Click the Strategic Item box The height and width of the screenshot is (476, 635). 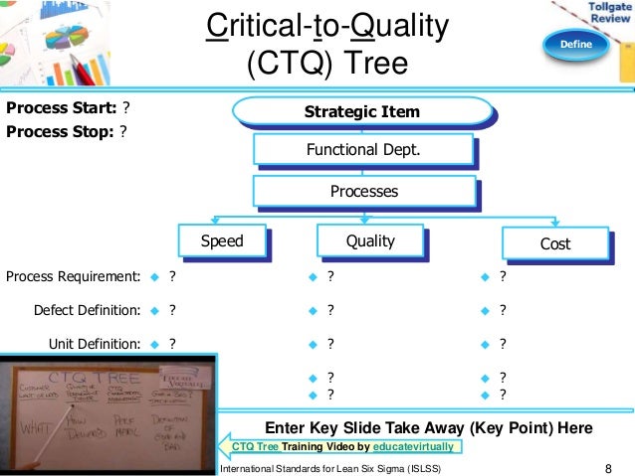(x=361, y=112)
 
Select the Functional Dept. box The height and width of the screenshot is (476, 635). (x=361, y=150)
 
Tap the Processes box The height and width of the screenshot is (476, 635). (x=363, y=191)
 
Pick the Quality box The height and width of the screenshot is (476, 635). (x=369, y=240)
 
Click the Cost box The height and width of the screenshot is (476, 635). (x=554, y=242)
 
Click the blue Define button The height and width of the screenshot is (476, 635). (x=575, y=45)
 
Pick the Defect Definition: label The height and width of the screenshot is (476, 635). (x=87, y=309)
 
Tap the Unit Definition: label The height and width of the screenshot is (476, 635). (x=95, y=344)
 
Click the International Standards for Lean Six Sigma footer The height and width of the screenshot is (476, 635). (x=328, y=468)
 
